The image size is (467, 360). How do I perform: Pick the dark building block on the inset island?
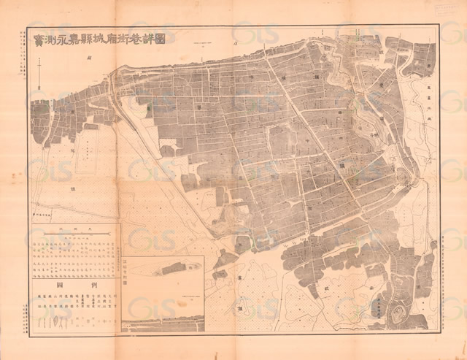click(x=172, y=269)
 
